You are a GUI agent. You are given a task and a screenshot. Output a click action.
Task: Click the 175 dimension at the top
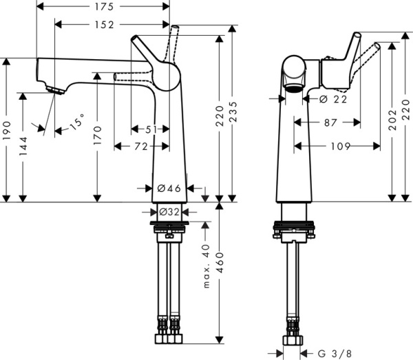(103, 7)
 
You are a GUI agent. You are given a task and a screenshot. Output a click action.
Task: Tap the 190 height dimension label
(7, 129)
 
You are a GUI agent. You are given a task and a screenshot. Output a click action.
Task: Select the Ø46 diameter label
(169, 187)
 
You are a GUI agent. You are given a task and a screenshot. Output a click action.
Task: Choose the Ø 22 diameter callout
(333, 99)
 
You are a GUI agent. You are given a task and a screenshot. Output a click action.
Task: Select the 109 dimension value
(337, 146)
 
